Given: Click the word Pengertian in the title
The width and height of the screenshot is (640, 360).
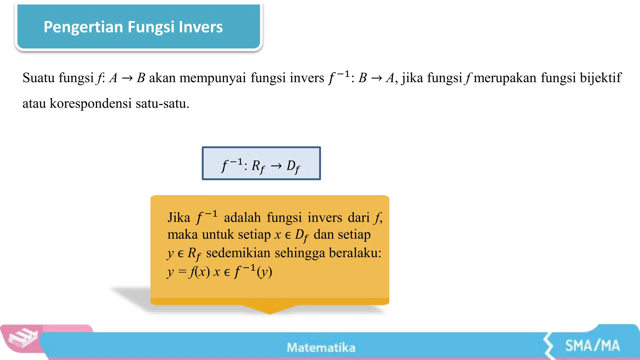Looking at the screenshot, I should tap(83, 27).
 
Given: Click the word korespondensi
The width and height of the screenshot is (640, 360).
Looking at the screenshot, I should tap(91, 103).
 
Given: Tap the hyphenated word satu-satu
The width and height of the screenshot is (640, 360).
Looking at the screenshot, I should tap(162, 103).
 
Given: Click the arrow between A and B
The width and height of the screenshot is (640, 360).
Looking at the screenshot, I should tap(127, 78).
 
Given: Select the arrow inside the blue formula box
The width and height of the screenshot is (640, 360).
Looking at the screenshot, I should tap(276, 166).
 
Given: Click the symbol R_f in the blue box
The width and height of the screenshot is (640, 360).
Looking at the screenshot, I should tap(258, 166).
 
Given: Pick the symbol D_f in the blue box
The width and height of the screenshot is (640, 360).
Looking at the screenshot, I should tap(293, 166).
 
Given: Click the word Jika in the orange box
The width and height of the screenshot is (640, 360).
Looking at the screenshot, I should tap(179, 217).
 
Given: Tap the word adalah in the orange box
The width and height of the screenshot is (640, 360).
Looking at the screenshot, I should tap(242, 217).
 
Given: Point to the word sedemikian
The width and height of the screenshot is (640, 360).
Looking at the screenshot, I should tap(238, 253).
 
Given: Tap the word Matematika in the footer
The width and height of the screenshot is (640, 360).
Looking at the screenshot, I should tap(321, 347).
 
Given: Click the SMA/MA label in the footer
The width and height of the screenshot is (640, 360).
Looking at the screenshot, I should tap(592, 346).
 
